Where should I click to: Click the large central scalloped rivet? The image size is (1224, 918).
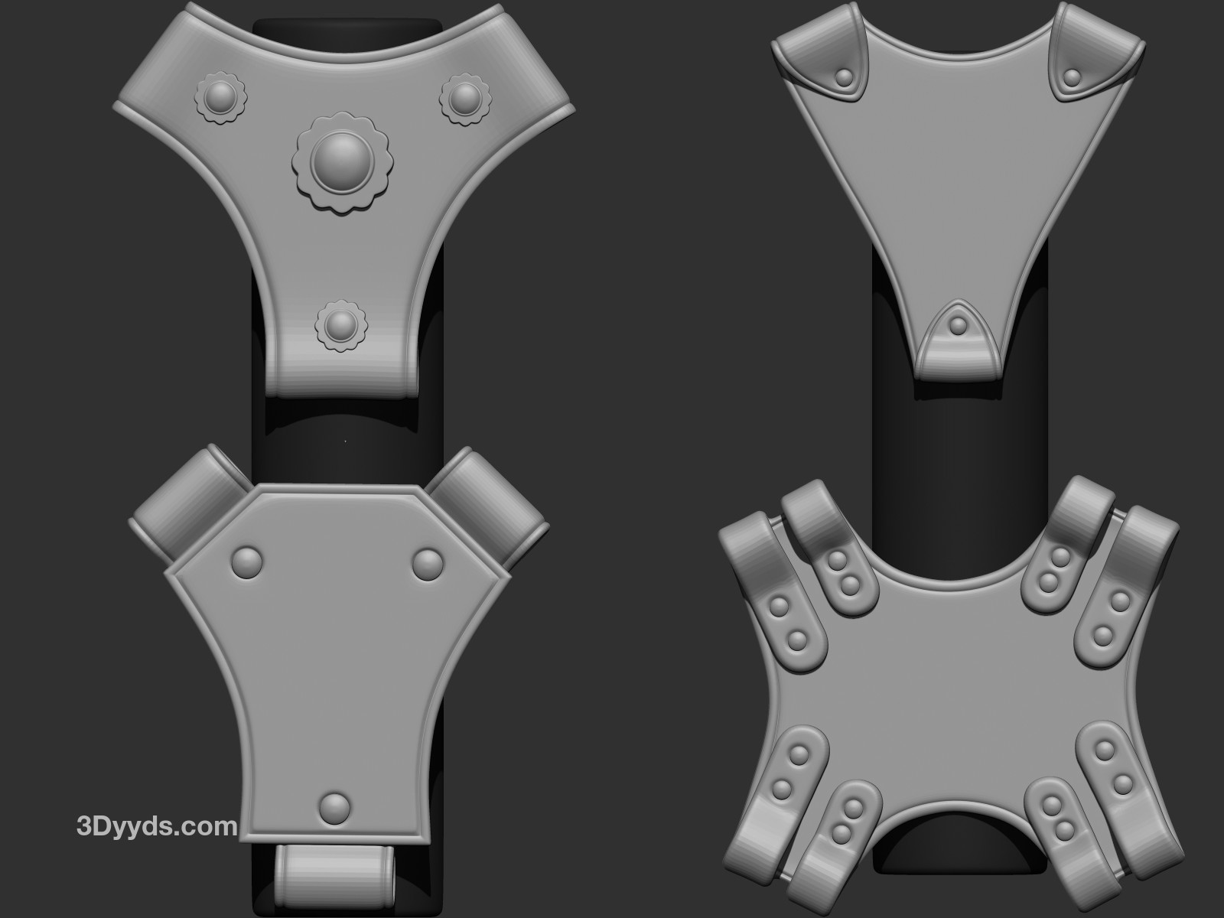pos(343,162)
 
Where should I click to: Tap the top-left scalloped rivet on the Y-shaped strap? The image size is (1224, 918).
pos(221,98)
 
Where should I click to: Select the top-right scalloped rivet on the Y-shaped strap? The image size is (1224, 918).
pos(465,99)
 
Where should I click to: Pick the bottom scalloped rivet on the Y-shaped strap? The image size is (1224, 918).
pos(341,326)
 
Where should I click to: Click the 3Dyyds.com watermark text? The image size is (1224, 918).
pos(157,826)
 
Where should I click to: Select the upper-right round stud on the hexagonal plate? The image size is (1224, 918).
pos(428,564)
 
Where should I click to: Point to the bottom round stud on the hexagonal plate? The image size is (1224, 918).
pos(335,807)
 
